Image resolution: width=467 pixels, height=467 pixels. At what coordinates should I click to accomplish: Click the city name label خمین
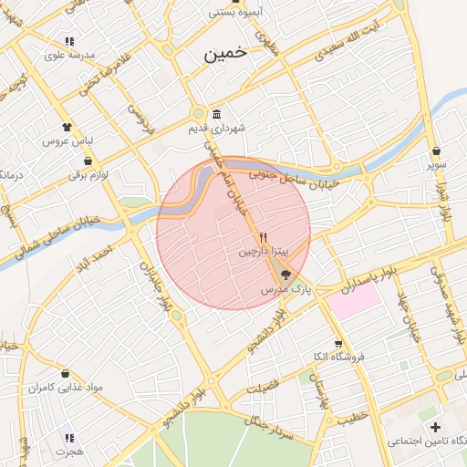[x=223, y=54]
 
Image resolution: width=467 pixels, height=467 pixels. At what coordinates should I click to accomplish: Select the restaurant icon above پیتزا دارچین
[x=264, y=235]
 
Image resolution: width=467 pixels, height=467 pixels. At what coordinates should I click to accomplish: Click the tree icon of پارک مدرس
[x=285, y=274]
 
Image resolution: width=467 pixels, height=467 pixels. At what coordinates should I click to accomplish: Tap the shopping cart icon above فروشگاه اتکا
[x=338, y=344]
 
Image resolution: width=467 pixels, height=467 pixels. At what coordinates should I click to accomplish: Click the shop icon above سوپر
[x=438, y=151]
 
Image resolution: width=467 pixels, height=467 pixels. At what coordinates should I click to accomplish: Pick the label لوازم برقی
[x=88, y=175]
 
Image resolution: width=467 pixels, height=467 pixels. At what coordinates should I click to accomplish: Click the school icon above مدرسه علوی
[x=69, y=41]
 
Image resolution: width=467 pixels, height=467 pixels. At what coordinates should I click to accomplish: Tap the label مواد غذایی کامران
[x=65, y=388]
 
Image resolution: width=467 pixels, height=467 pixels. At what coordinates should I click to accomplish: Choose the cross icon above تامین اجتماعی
[x=435, y=427]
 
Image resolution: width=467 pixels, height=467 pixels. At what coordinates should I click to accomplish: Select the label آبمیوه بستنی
[x=236, y=13]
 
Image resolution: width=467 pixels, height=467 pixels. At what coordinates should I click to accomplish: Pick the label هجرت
[x=68, y=451]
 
